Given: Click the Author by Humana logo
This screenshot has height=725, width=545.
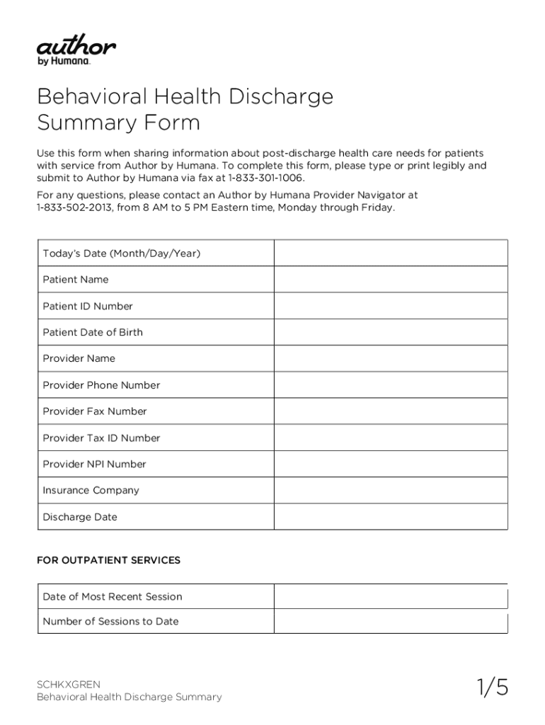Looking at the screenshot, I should point(76,52).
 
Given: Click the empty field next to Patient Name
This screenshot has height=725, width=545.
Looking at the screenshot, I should point(391,280).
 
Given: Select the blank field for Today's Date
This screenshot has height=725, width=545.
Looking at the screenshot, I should point(391,253).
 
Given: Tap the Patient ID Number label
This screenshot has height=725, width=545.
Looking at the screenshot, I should point(88,306).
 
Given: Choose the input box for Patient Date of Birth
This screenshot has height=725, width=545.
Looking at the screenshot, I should point(391,332).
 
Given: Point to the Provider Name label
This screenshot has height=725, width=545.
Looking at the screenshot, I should point(79,358).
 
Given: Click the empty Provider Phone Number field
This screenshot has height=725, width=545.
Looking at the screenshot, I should point(391,385).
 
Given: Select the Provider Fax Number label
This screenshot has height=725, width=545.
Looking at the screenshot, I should point(95,411).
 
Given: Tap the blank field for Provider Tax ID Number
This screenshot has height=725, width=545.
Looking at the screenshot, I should point(391,438).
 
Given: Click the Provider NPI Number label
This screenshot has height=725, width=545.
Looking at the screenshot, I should point(94,464).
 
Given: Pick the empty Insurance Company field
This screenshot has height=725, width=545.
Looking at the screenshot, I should point(391,490).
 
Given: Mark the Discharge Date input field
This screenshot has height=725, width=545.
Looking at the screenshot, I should point(391,517).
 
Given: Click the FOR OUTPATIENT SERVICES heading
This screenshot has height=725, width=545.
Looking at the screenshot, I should point(108,560).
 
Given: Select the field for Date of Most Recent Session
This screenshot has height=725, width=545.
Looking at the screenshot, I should point(391,596).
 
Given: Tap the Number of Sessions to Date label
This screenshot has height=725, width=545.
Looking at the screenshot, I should point(110,621).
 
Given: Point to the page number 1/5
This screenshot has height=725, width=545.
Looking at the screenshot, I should point(492,687).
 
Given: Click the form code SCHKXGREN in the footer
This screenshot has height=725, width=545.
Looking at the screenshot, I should point(69,684).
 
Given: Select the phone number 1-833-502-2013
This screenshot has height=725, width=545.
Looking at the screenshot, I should point(71,207).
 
